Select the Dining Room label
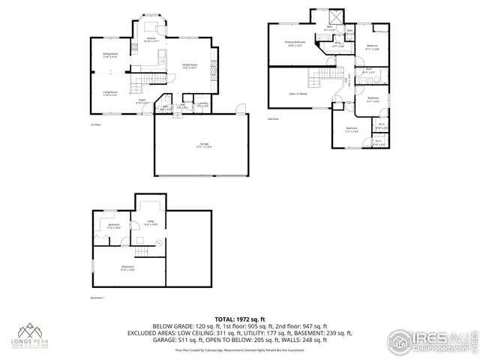click(x=111, y=55)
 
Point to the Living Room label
click(x=111, y=93)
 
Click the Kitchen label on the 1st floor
click(x=151, y=38)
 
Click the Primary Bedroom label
click(x=295, y=43)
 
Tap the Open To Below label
click(x=298, y=94)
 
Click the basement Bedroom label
click(x=113, y=226)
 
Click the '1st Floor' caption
click(x=94, y=125)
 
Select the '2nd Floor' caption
click(x=273, y=119)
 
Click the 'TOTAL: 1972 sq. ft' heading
click(x=239, y=319)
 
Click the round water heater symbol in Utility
click(x=159, y=242)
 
